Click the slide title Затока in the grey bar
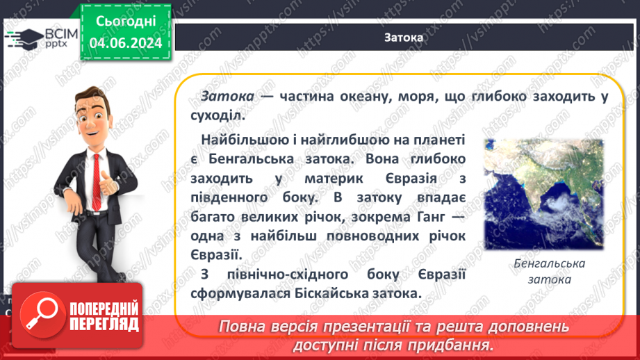403,38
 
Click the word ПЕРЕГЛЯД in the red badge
103,323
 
